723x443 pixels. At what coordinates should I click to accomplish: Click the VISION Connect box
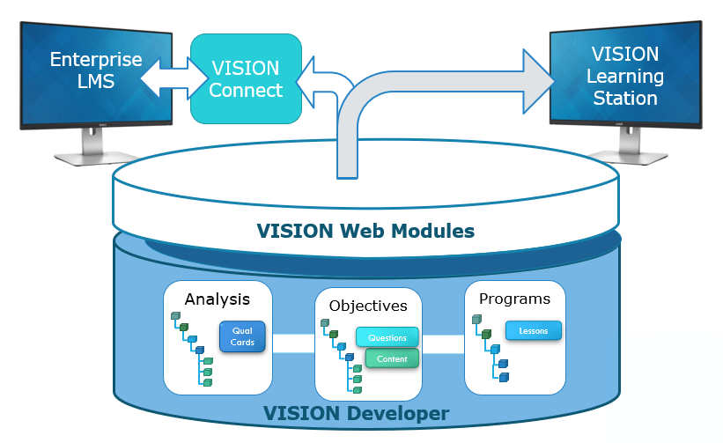(246, 78)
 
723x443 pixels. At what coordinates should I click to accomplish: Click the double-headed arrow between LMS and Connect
(167, 78)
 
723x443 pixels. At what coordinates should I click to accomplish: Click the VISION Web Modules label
(365, 232)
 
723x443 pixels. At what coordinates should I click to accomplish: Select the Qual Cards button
(242, 336)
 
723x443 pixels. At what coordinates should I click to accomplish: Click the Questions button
(387, 337)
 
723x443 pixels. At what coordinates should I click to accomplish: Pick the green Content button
(387, 358)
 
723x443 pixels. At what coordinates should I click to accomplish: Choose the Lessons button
(533, 330)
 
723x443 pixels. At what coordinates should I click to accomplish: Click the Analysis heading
(217, 299)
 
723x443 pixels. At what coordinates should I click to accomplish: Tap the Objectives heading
(368, 306)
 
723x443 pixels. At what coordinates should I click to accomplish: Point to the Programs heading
(514, 299)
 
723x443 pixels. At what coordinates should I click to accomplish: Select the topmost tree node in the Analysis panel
(175, 316)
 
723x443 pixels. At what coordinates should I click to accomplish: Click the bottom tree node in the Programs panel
(504, 377)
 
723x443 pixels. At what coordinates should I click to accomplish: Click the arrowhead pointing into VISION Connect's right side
(310, 84)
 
